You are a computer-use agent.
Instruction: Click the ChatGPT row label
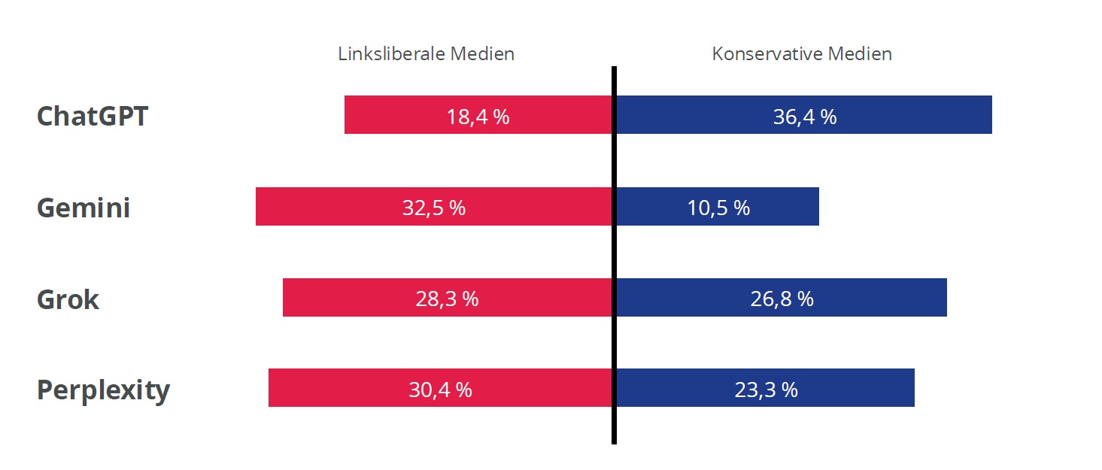coord(93,117)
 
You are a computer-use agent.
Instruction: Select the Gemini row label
coord(83,208)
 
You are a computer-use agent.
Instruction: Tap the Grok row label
coord(68,299)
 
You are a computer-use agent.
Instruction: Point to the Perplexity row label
coord(103,390)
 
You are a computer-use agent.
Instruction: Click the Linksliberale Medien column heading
coord(426,54)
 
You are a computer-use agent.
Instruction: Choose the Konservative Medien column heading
coord(802,54)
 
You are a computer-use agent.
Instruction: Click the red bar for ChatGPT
coord(391,115)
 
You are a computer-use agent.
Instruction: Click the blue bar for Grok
coord(880,298)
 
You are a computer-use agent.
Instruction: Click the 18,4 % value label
coord(478,117)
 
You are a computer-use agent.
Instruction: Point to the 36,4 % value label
coord(805,117)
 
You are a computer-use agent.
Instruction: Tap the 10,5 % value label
coord(718,208)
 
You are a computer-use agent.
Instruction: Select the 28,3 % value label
coord(447,299)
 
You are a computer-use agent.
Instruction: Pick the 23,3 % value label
coord(766,390)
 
